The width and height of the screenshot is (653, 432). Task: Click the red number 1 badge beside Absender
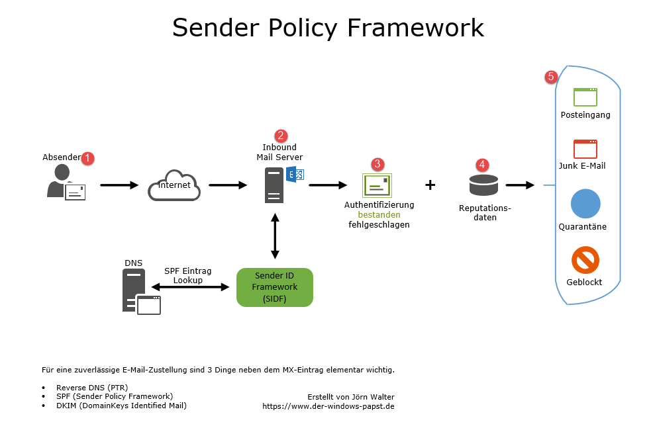(88, 159)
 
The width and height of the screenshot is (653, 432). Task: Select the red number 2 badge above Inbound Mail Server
(281, 136)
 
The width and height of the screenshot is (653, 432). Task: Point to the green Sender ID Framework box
(275, 287)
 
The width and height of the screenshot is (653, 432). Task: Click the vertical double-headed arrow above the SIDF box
(275, 236)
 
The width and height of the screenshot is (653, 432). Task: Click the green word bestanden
(379, 215)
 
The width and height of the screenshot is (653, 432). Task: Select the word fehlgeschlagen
(379, 225)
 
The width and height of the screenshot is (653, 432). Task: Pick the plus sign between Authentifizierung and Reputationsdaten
(430, 185)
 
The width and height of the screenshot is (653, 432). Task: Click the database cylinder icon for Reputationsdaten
(483, 185)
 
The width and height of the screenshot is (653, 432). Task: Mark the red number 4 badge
(482, 163)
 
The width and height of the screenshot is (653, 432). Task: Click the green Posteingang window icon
(585, 97)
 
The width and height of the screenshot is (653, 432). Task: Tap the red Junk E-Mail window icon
(585, 149)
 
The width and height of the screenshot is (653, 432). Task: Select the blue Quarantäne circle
(585, 204)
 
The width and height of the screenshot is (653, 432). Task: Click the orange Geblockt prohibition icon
(585, 260)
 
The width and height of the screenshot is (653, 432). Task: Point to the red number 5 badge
(550, 77)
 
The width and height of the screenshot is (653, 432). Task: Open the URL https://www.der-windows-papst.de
(328, 406)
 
